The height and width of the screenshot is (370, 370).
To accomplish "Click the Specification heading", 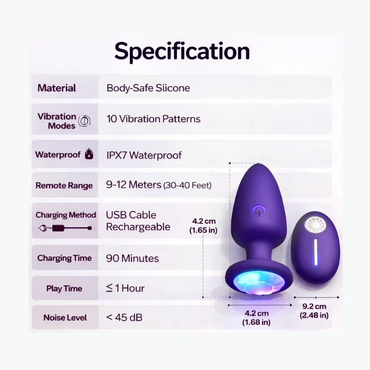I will (182, 51).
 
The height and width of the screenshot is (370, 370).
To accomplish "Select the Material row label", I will (57, 88).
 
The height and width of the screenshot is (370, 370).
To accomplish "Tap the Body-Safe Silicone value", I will (148, 88).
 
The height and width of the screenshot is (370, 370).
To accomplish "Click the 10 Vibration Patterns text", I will (153, 119).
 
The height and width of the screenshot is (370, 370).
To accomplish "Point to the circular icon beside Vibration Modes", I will (84, 122).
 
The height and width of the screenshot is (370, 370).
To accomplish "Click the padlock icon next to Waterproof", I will (89, 154).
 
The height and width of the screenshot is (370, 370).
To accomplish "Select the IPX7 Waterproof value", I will (144, 155).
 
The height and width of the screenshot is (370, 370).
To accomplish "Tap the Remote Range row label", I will (64, 186).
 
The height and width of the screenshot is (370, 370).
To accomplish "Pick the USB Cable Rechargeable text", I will (138, 221).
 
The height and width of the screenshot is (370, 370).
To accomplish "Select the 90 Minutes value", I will (132, 258).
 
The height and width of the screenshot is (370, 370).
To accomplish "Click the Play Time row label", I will (64, 289).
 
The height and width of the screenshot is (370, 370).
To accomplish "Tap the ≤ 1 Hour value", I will (125, 288).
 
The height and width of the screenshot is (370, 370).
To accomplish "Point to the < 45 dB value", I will (124, 317).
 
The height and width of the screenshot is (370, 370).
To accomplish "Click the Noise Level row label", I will (65, 318).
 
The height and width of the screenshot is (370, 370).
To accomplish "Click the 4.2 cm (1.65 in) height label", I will (203, 225).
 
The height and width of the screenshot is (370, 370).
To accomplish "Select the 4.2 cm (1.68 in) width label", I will (256, 318).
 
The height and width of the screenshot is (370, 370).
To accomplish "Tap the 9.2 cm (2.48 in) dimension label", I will (314, 310).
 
